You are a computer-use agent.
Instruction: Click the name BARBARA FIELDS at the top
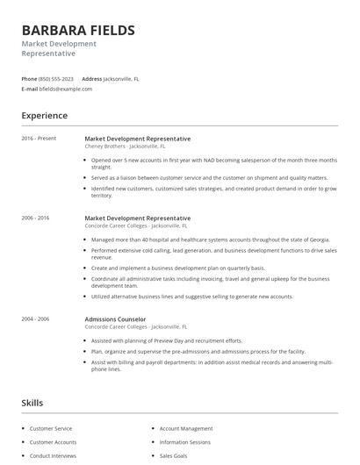pyautogui.click(x=78, y=31)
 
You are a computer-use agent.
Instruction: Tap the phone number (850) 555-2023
pyautogui.click(x=57, y=79)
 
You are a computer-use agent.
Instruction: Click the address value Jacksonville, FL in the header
pyautogui.click(x=121, y=79)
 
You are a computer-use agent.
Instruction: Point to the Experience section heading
pyautogui.click(x=44, y=116)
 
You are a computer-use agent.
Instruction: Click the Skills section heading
pyautogui.click(x=32, y=403)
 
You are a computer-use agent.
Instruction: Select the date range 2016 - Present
pyautogui.click(x=39, y=139)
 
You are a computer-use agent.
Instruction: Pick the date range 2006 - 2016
pyautogui.click(x=36, y=218)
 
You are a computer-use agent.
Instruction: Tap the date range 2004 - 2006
pyautogui.click(x=36, y=319)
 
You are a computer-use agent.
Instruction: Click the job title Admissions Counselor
pyautogui.click(x=116, y=319)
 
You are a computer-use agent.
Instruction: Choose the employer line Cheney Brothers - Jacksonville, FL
pyautogui.click(x=125, y=147)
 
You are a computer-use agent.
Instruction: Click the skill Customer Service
pyautogui.click(x=52, y=429)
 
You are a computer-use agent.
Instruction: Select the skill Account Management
pyautogui.click(x=186, y=429)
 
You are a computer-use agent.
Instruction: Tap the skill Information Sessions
pyautogui.click(x=185, y=442)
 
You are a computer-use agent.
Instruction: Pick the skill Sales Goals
pyautogui.click(x=175, y=456)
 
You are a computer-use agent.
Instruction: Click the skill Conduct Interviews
pyautogui.click(x=53, y=456)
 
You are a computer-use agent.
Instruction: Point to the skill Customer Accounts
pyautogui.click(x=53, y=442)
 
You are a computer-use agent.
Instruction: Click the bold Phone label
pyautogui.click(x=29, y=79)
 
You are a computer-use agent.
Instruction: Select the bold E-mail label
pyautogui.click(x=30, y=89)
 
